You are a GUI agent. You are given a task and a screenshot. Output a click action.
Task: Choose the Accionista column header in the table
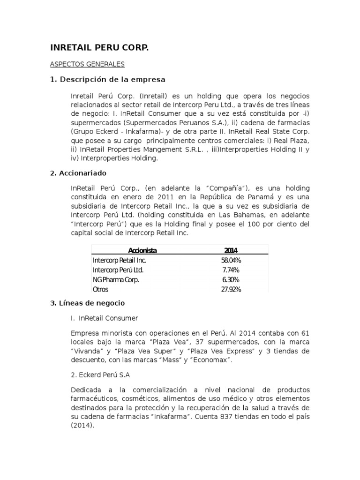pos(142,250)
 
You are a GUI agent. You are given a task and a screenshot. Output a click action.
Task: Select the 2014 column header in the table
pos(231,250)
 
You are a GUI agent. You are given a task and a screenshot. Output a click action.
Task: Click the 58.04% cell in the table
pos(231,260)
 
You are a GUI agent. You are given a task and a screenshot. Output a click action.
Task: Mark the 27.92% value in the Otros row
pos(231,290)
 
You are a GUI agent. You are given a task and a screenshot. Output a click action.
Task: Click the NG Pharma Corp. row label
pos(116,280)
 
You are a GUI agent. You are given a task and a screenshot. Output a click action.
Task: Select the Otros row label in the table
pos(100,290)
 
